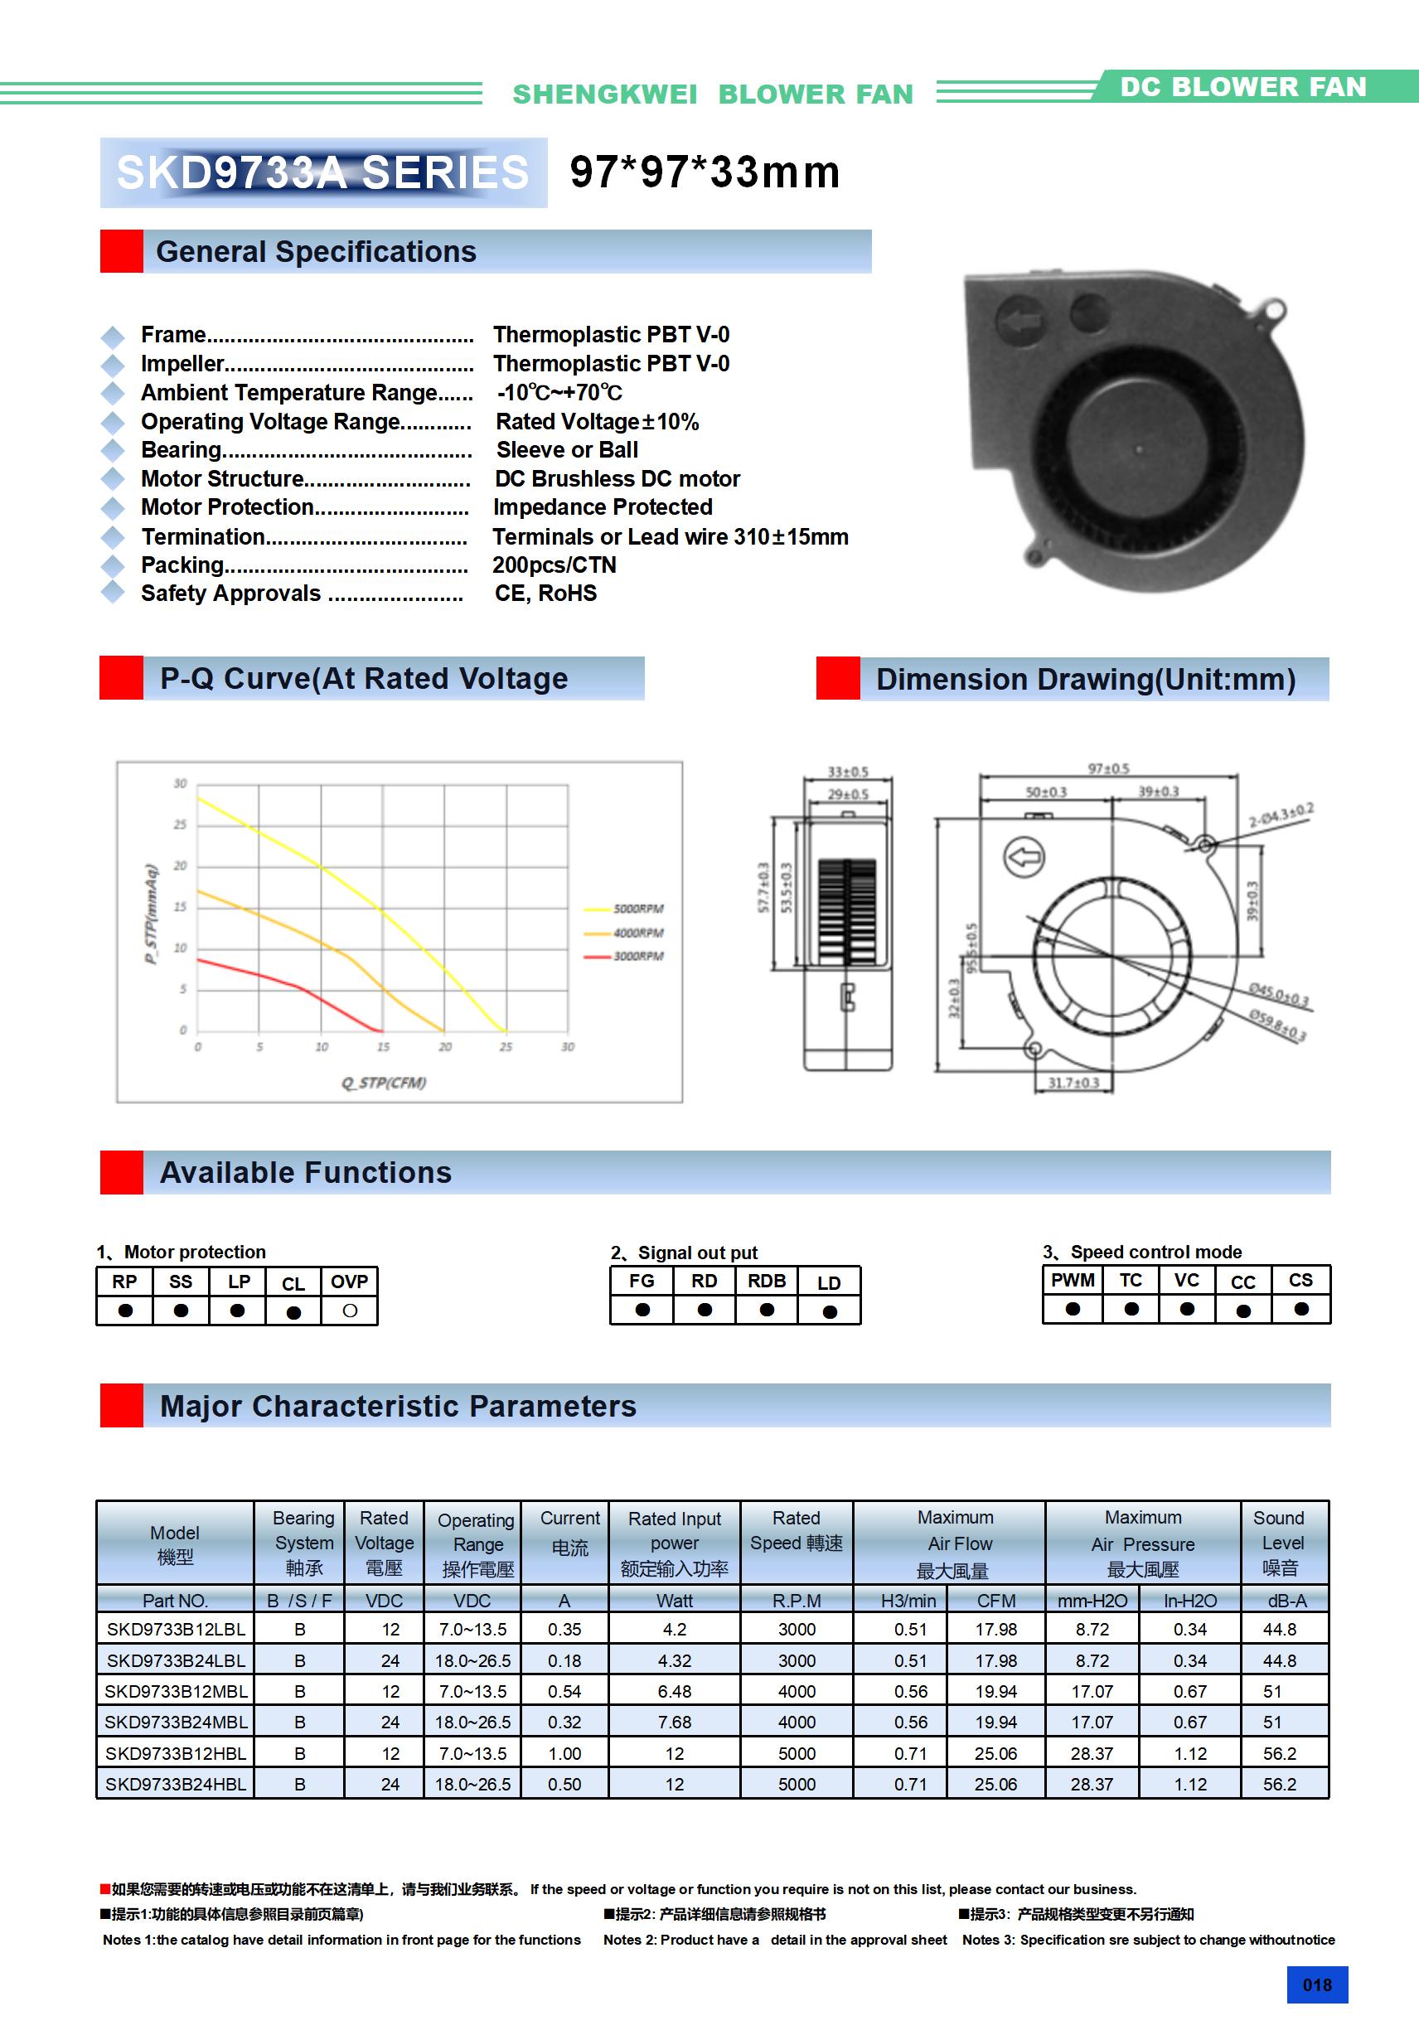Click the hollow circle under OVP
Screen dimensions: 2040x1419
point(350,1311)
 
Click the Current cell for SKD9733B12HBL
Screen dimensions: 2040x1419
point(564,1753)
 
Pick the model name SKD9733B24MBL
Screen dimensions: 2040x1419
point(176,1722)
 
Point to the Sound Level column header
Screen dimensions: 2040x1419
point(1280,1543)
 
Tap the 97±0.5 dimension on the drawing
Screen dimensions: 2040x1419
point(1108,768)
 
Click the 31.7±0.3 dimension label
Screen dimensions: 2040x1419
point(1073,1083)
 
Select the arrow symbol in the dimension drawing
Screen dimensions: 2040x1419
point(1024,857)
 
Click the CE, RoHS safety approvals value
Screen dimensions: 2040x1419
point(545,594)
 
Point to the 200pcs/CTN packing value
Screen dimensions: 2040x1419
point(555,565)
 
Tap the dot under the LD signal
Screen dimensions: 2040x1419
point(830,1311)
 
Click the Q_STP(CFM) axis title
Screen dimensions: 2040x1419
point(384,1083)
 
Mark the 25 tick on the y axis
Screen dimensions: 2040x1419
point(181,825)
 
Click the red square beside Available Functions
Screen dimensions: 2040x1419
point(122,1173)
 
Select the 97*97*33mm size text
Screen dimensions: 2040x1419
point(705,172)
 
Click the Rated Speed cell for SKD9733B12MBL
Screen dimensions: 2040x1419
point(797,1692)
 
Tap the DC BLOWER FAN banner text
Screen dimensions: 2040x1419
point(1242,87)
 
